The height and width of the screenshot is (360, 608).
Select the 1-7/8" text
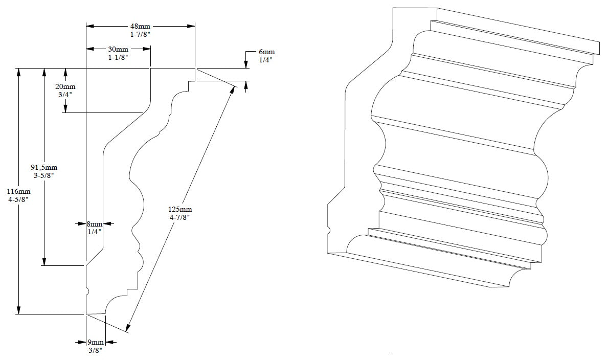tap(140, 34)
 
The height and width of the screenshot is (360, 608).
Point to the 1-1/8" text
tap(118, 57)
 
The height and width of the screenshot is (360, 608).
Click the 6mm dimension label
tap(266, 52)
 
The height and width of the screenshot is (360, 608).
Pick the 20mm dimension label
tap(65, 86)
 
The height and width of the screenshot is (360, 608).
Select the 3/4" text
tap(65, 95)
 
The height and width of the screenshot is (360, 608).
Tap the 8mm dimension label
tap(95, 223)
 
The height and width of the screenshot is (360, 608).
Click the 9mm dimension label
tap(96, 342)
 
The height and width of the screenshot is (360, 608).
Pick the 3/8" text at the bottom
tap(96, 350)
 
